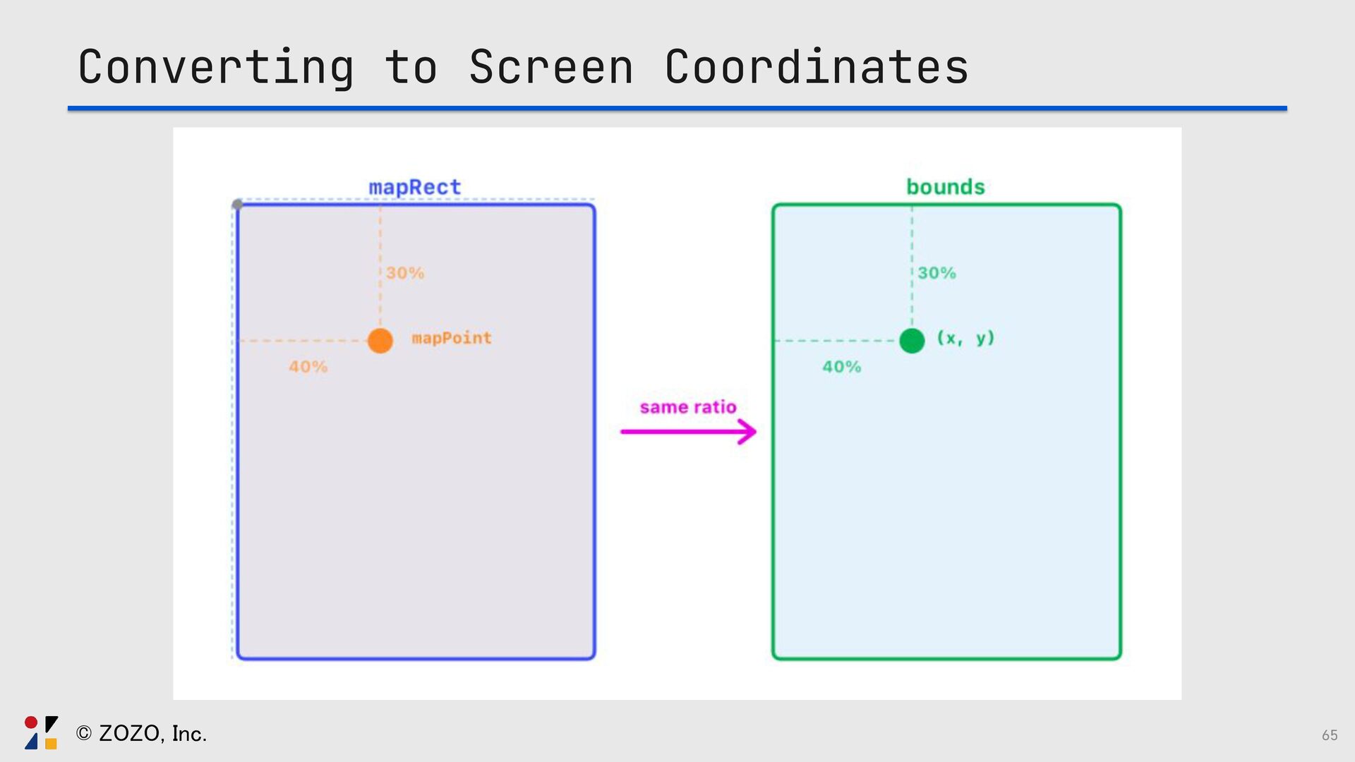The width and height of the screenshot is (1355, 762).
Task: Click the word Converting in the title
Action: pyautogui.click(x=216, y=68)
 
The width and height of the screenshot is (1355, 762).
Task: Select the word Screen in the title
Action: pyautogui.click(x=551, y=68)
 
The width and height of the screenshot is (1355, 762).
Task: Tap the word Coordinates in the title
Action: pyautogui.click(x=817, y=68)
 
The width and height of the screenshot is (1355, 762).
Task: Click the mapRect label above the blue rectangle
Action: pyautogui.click(x=414, y=187)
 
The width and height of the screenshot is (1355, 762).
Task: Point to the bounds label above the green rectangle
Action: pyautogui.click(x=945, y=187)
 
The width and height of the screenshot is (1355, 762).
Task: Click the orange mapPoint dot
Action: pyautogui.click(x=380, y=341)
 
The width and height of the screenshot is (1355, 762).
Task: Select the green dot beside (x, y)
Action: pyautogui.click(x=912, y=341)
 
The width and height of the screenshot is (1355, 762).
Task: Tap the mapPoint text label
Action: pyautogui.click(x=452, y=339)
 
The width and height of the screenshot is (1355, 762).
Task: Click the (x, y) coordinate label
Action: pyautogui.click(x=965, y=339)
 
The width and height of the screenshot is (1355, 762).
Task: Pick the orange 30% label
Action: pyautogui.click(x=405, y=273)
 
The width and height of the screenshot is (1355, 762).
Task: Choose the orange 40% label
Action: pyautogui.click(x=308, y=367)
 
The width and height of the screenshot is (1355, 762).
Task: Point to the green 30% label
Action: pyautogui.click(x=937, y=273)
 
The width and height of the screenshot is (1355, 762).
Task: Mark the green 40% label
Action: pyautogui.click(x=842, y=367)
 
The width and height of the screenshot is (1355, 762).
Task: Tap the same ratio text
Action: pyautogui.click(x=688, y=407)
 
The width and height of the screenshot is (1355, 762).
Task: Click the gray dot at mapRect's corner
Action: pyautogui.click(x=238, y=205)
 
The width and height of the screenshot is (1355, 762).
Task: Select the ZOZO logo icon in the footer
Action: pyautogui.click(x=41, y=732)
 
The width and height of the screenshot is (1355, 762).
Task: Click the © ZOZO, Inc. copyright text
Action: pyautogui.click(x=141, y=734)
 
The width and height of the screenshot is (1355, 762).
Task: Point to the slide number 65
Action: pyautogui.click(x=1330, y=735)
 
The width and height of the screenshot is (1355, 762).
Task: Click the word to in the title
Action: pyautogui.click(x=411, y=68)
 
